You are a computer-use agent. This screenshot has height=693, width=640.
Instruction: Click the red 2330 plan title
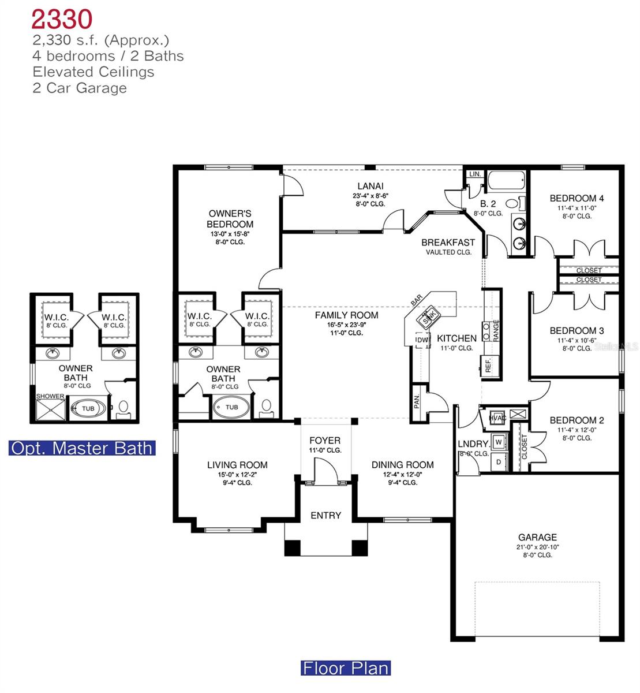(62, 19)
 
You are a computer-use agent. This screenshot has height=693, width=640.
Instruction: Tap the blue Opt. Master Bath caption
(82, 448)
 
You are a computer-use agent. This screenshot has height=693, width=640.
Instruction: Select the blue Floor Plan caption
(346, 668)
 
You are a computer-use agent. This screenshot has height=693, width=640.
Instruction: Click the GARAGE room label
(537, 537)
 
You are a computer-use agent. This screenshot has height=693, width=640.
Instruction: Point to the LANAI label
(370, 186)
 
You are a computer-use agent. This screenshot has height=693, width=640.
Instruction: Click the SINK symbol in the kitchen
(428, 316)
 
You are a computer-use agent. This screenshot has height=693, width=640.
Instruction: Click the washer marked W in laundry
(499, 442)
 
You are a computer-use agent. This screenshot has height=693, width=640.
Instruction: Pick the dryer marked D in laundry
(499, 461)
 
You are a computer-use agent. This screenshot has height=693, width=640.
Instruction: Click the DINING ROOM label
(402, 465)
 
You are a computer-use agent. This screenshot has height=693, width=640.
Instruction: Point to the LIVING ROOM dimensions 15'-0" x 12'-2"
(237, 475)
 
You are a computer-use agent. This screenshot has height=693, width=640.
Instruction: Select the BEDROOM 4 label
(577, 199)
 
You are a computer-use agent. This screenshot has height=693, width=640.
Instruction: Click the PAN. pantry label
(417, 401)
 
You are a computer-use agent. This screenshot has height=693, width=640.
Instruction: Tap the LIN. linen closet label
(475, 174)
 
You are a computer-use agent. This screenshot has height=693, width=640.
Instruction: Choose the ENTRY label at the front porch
(326, 516)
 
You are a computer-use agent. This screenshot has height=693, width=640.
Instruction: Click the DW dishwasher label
(422, 341)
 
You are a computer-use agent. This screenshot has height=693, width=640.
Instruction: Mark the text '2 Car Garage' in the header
(80, 88)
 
